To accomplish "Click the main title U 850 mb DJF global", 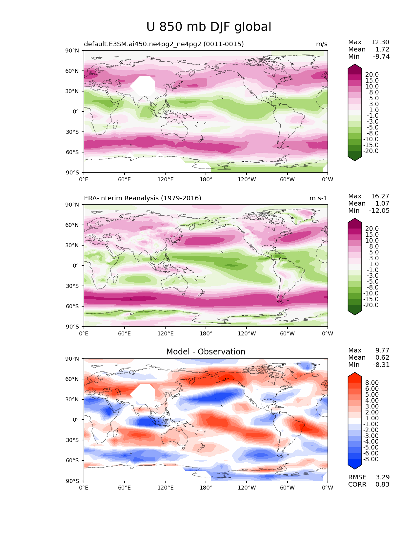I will click(x=209, y=27).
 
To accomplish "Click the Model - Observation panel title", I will click(x=206, y=352).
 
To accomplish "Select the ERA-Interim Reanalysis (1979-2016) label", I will click(x=143, y=198).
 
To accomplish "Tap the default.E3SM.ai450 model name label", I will click(x=164, y=44).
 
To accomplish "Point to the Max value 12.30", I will click(x=380, y=42).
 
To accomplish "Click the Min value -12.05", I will click(x=379, y=211).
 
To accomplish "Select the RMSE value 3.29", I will click(x=382, y=477).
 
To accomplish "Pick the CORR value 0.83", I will click(x=382, y=485).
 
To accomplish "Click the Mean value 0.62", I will click(x=382, y=358).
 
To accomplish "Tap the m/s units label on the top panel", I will click(x=321, y=44).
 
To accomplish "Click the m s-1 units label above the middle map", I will click(x=318, y=198).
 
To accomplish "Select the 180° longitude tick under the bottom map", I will click(x=206, y=488).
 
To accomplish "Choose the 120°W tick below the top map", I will click(x=247, y=180).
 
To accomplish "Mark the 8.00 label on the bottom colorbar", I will click(x=372, y=383).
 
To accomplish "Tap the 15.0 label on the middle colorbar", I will click(x=372, y=235).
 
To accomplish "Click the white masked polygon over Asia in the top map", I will click(x=143, y=86).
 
